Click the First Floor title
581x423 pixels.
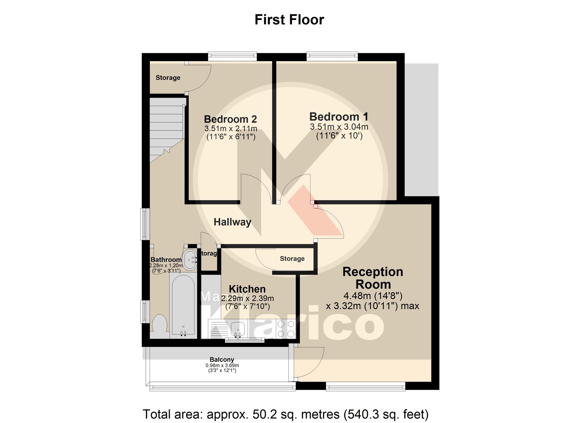click(x=289, y=20)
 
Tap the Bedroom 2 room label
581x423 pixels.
click(x=230, y=119)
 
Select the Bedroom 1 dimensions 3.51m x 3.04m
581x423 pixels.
click(x=339, y=127)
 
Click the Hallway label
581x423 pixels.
click(x=232, y=222)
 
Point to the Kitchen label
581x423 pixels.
click(x=247, y=289)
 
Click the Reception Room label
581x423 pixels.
click(x=373, y=278)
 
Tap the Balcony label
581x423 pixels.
click(x=222, y=360)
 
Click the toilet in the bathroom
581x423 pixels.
click(x=159, y=324)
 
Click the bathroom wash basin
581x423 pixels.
click(x=191, y=260)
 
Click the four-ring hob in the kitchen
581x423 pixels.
click(x=286, y=329)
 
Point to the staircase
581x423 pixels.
click(x=166, y=128)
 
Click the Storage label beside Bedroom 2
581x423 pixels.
click(x=168, y=78)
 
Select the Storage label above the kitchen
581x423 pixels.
click(x=292, y=259)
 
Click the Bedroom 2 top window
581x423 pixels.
click(x=232, y=56)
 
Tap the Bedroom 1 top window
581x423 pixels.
click(x=332, y=56)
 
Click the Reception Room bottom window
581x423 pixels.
click(x=365, y=386)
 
